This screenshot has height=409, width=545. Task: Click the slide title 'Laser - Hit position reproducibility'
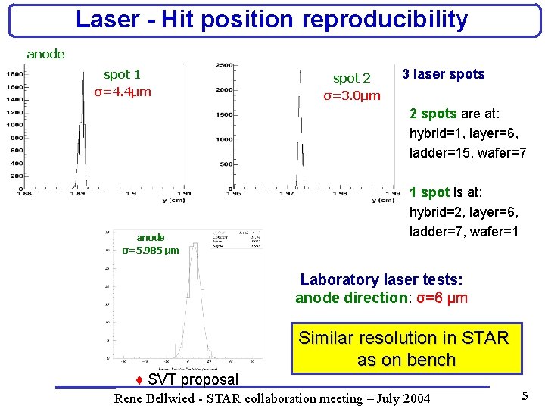click(x=272, y=20)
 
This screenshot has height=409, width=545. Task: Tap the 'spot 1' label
click(x=122, y=74)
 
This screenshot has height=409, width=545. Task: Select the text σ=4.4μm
click(x=122, y=92)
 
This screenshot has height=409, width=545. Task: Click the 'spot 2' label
click(x=352, y=78)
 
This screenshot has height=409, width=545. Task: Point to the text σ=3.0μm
click(x=352, y=96)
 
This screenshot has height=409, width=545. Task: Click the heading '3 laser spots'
click(x=443, y=74)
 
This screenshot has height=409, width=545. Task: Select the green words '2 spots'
click(x=433, y=114)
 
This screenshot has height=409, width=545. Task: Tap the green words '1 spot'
click(x=429, y=192)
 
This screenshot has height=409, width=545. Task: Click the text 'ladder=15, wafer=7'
click(x=467, y=154)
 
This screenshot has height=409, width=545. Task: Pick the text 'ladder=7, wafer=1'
click(x=463, y=232)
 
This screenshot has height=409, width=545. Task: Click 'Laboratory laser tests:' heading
click(x=381, y=279)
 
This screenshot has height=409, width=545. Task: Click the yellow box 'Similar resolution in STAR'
click(x=403, y=338)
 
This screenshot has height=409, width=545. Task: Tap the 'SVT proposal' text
click(x=192, y=379)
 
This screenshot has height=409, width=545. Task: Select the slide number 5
click(x=524, y=396)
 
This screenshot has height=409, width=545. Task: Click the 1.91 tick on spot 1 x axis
click(x=183, y=193)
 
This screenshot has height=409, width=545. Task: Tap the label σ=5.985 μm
click(x=151, y=250)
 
